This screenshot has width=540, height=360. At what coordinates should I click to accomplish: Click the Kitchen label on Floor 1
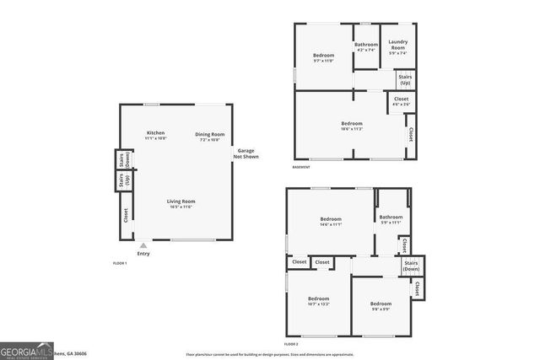(x=155, y=133)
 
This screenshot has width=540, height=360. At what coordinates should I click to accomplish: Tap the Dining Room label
(x=209, y=134)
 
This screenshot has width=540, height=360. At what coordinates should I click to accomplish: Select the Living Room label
(x=181, y=201)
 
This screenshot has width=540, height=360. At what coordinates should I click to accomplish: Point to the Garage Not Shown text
(x=246, y=153)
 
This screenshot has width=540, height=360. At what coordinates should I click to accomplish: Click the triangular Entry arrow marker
(x=143, y=245)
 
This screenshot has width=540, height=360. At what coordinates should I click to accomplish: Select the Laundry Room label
(x=397, y=47)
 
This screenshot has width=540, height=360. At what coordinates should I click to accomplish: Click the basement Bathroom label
(x=366, y=45)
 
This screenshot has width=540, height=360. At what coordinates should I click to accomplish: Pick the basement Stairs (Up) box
(x=405, y=79)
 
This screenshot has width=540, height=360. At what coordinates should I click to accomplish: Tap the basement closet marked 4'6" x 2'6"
(x=401, y=104)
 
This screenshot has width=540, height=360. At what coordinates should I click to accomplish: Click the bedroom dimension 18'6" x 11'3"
(x=352, y=129)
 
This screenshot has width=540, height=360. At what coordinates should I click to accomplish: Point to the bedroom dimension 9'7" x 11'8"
(x=324, y=61)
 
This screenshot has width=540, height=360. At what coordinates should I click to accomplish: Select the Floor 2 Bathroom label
(x=391, y=217)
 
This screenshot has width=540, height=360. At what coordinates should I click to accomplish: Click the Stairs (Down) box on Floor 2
(x=412, y=266)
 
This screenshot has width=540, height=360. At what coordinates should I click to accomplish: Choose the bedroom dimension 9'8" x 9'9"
(x=381, y=309)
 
